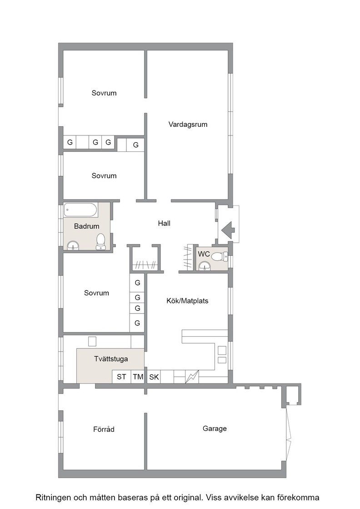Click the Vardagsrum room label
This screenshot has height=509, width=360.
click(188, 125)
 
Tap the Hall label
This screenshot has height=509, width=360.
click(164, 223)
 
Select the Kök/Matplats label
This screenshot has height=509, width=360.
click(187, 301)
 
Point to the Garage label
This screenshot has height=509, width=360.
click(215, 429)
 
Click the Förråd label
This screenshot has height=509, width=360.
click(104, 429)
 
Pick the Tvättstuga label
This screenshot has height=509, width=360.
click(111, 359)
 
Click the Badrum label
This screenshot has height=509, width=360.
click(87, 226)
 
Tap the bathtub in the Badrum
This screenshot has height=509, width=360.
click(81, 210)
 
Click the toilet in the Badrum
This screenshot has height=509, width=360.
click(101, 241)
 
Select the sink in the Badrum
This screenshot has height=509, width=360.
click(73, 246)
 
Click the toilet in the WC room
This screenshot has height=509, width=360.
click(220, 257)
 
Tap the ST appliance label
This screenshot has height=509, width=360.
click(121, 377)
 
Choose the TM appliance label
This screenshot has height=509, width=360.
click(138, 377)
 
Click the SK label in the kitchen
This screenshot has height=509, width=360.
click(154, 377)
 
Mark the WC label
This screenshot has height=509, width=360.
click(204, 254)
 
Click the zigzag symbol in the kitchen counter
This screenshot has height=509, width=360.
click(192, 377)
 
